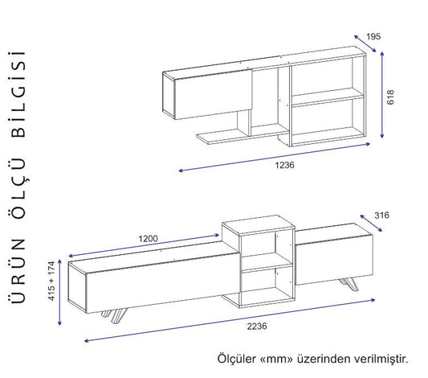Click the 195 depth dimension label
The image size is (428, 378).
point(373,36)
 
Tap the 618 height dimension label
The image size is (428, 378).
point(390,97)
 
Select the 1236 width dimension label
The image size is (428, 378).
point(285,165)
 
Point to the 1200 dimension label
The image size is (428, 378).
point(148,239)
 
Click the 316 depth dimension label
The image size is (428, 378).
point(381,216)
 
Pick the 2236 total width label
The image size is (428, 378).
point(257,326)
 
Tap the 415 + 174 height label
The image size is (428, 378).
point(51,281)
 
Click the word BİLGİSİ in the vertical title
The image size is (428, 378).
point(18,94)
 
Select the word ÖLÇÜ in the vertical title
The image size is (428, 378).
point(18,187)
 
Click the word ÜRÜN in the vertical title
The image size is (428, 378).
point(18,270)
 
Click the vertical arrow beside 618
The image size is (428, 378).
point(382,95)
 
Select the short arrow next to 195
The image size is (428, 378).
point(365,43)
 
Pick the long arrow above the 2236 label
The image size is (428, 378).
point(230,320)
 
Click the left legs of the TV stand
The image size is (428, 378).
point(115,316)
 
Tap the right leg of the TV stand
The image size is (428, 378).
point(349,284)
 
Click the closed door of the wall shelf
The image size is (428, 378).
point(213,95)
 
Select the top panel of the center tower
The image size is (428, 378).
point(259,224)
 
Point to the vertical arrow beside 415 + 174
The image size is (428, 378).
point(59,292)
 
